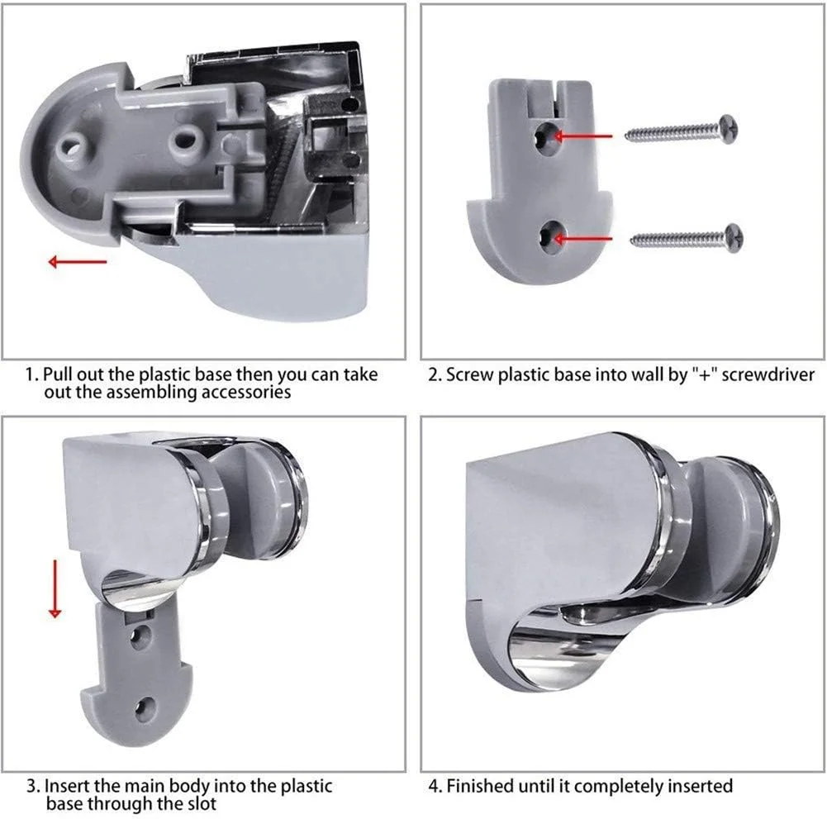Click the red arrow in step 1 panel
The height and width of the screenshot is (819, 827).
click(78, 261)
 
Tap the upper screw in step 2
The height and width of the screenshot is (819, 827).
click(682, 130)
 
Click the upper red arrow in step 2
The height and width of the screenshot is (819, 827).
click(582, 136)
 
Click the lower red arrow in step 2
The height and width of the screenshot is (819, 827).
click(582, 239)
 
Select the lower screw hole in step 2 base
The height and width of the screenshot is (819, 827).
click(550, 239)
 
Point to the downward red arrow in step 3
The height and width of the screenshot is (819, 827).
click(55, 588)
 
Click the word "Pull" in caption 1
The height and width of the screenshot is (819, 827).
click(59, 374)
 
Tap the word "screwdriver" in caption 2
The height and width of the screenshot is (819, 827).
click(768, 374)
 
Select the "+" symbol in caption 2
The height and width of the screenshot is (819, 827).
click(705, 374)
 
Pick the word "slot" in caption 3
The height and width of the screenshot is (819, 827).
click(202, 803)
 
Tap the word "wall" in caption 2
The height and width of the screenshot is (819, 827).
click(648, 374)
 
